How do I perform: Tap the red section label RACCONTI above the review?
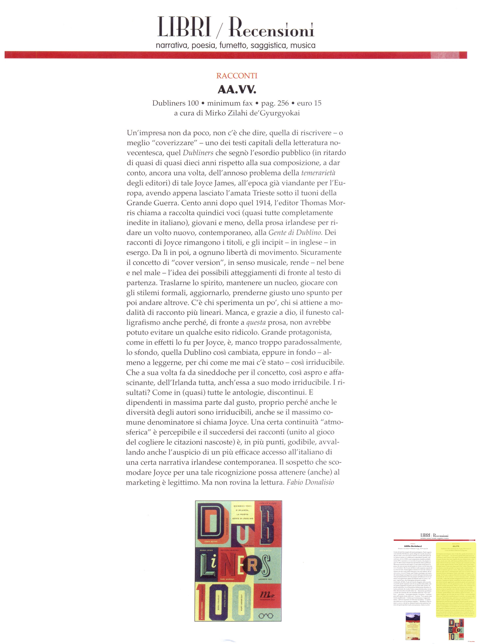[237, 76]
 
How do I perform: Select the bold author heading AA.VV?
[237, 90]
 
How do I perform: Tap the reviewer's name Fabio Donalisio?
[310, 482]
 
